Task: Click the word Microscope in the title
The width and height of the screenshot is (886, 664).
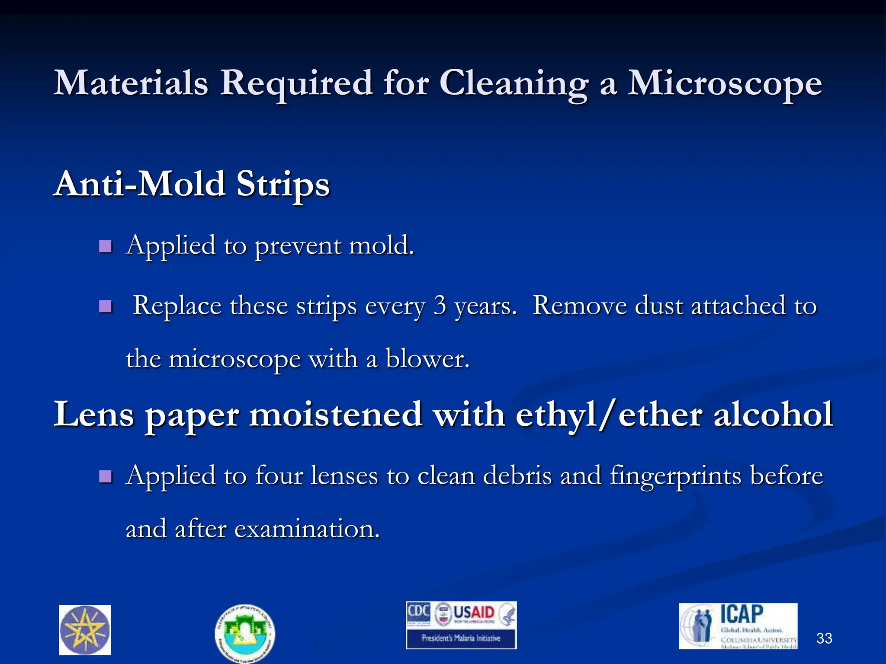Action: click(725, 83)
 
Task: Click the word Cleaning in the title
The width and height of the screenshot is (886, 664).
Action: click(514, 83)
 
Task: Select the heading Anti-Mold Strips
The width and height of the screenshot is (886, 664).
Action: click(192, 184)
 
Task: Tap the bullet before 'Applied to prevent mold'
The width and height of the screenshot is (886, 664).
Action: click(105, 247)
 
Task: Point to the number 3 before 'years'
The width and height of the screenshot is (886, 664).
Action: click(440, 306)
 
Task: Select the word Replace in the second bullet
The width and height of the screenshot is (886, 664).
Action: click(177, 306)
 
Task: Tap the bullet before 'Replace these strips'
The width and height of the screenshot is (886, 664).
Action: click(105, 307)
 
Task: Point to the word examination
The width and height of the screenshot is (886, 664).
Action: click(307, 529)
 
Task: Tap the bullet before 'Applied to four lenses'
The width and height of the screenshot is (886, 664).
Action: click(105, 477)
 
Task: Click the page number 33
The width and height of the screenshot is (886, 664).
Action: click(824, 638)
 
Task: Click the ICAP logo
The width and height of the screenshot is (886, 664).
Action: click(738, 626)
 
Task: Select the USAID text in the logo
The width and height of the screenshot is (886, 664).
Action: click(474, 613)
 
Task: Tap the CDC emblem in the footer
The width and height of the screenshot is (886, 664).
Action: click(418, 612)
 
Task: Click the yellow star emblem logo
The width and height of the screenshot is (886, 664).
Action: click(85, 630)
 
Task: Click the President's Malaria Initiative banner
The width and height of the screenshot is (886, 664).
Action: click(461, 638)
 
